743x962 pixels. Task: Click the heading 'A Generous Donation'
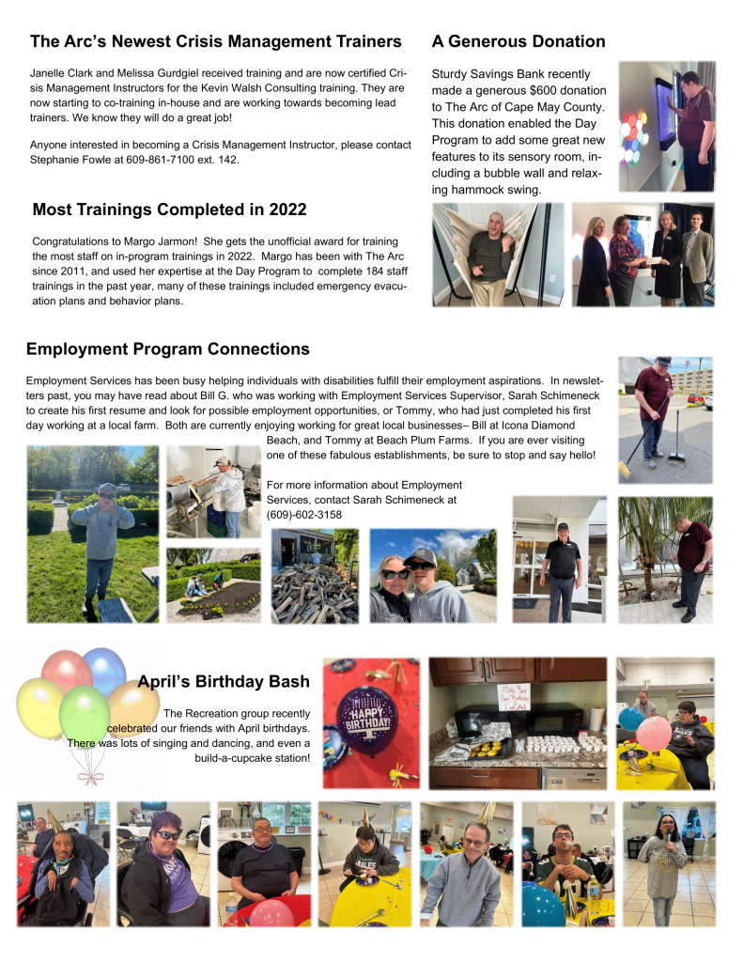[x=518, y=41]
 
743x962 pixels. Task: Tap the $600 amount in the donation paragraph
[x=546, y=91]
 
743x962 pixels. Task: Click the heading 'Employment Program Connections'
[x=168, y=349]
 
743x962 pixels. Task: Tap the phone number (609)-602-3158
[x=304, y=515]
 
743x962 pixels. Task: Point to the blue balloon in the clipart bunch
[x=104, y=669]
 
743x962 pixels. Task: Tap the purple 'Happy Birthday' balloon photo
[x=369, y=721]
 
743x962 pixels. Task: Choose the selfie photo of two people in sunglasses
[x=432, y=575]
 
